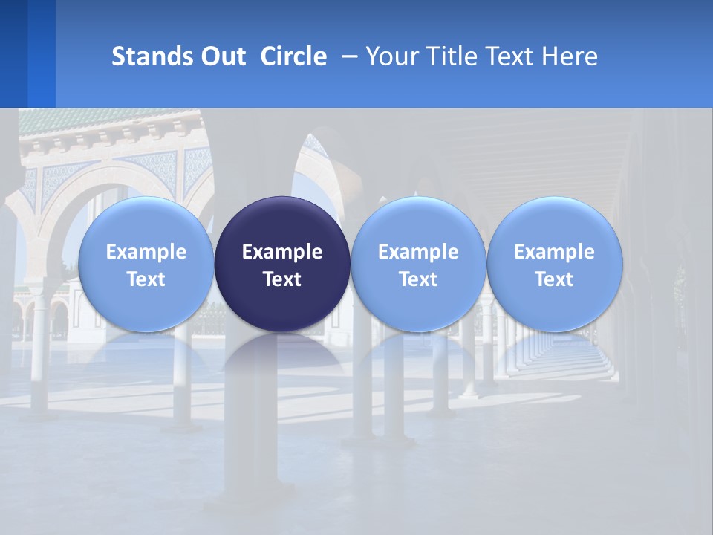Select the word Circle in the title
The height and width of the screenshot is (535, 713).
pyautogui.click(x=293, y=56)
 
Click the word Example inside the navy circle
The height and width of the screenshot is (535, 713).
pyautogui.click(x=282, y=252)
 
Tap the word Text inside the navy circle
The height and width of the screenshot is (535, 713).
pyautogui.click(x=282, y=279)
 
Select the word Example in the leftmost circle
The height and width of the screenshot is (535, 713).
pyautogui.click(x=146, y=252)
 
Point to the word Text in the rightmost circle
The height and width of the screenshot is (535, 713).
pyautogui.click(x=554, y=279)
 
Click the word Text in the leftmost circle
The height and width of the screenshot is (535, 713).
pyautogui.click(x=146, y=279)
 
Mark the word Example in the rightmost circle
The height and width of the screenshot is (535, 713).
pyautogui.click(x=554, y=252)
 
